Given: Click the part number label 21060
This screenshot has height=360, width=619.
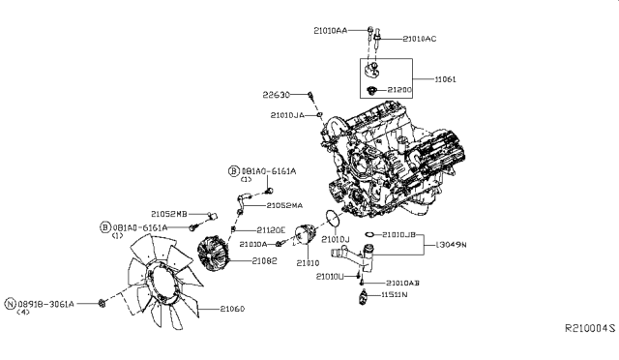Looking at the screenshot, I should [233, 309].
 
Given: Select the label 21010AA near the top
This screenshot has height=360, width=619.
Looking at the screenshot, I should [332, 31].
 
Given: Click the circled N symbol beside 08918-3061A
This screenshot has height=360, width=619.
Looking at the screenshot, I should [11, 303].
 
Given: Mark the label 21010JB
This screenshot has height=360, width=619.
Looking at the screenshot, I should [398, 234].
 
